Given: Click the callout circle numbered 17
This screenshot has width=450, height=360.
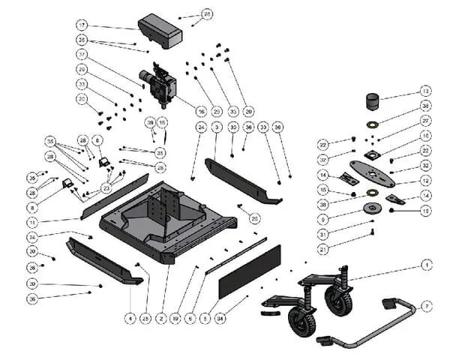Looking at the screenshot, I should (82, 25).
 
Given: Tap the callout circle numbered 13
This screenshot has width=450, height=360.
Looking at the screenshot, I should (425, 91).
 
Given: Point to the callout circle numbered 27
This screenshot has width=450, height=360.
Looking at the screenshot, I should (425, 121).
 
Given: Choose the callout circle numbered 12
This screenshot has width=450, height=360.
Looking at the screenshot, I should (425, 181).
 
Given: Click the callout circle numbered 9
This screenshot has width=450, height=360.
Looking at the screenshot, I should (322, 219).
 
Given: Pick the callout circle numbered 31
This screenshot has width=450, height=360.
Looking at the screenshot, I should (322, 234).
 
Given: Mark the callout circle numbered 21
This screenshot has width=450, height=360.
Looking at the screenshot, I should (322, 248).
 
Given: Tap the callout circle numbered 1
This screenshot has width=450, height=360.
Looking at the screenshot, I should (426, 265).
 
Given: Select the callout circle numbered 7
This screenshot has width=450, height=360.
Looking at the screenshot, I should (426, 305).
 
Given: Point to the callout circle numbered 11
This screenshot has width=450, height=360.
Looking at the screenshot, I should (32, 223).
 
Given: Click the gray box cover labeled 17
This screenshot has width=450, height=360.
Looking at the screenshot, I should (160, 30).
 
